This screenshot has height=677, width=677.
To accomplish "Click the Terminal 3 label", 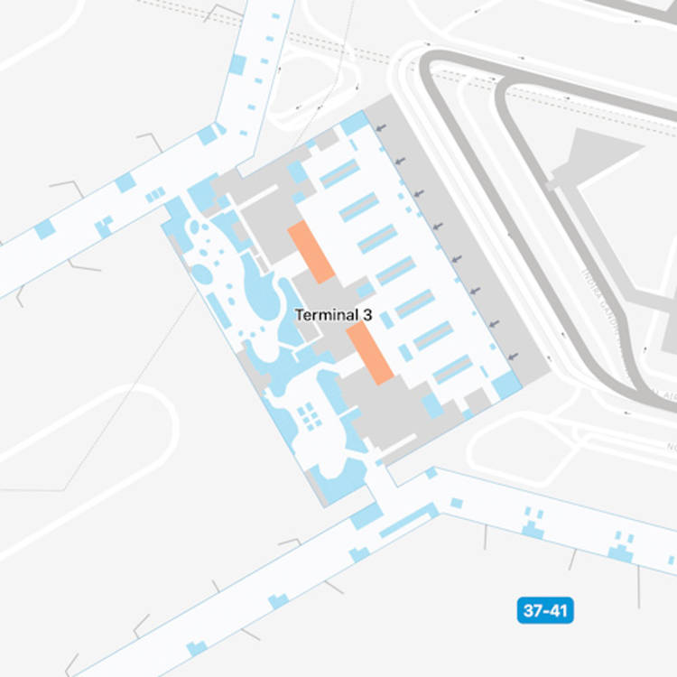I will tap(333, 314).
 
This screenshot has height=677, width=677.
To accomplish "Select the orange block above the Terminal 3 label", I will tap(311, 253).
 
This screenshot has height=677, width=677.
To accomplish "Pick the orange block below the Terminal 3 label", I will tap(370, 353).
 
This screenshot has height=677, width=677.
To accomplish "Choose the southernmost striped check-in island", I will tap(452, 368).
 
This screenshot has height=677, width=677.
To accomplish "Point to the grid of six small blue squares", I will tap(309, 416).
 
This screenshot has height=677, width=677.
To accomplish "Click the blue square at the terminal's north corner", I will tap(354, 122).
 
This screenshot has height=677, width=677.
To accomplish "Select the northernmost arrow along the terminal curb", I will tap(381, 129).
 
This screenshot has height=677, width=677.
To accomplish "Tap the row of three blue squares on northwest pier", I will tap(155, 193).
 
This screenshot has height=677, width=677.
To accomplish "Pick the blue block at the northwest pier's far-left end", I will tap(44, 229).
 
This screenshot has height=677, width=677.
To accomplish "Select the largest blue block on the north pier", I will tap(238, 64).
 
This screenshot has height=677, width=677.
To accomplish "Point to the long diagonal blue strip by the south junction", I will tap(403, 521).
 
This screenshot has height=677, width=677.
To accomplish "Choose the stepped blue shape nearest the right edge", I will tap(621, 548).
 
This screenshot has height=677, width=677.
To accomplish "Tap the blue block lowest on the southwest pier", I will tap(196, 647).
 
